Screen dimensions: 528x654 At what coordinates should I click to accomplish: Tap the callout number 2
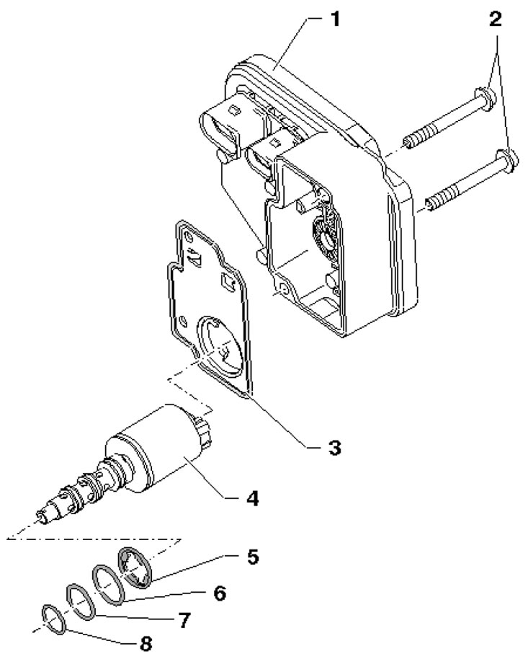tap(495, 19)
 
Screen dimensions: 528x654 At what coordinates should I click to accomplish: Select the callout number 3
tap(334, 448)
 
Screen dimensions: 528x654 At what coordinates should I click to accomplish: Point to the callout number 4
tap(251, 498)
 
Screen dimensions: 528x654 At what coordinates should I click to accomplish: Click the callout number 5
tap(252, 557)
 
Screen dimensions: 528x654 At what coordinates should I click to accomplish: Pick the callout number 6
tap(219, 593)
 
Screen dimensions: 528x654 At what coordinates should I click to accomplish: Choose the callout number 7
tap(184, 620)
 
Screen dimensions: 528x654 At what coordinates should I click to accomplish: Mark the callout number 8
tap(145, 643)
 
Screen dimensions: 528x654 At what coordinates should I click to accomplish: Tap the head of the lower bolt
tap(506, 162)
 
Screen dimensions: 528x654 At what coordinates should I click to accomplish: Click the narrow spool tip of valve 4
tap(45, 517)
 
